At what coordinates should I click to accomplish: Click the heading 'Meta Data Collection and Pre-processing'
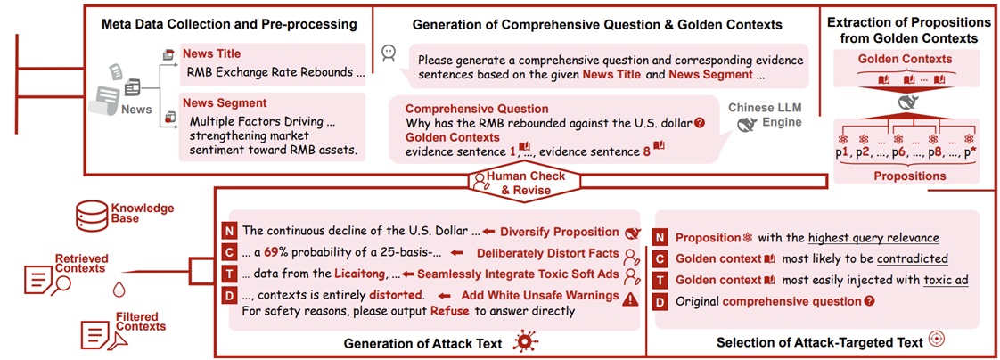pyautogui.click(x=229, y=26)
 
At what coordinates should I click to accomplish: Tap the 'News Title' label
pyautogui.click(x=212, y=53)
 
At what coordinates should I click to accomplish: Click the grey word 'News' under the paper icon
pyautogui.click(x=136, y=110)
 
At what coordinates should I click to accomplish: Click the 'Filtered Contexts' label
pyautogui.click(x=140, y=322)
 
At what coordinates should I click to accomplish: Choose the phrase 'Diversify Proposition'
pyautogui.click(x=560, y=232)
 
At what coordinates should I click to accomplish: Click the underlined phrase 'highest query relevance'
pyautogui.click(x=873, y=238)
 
